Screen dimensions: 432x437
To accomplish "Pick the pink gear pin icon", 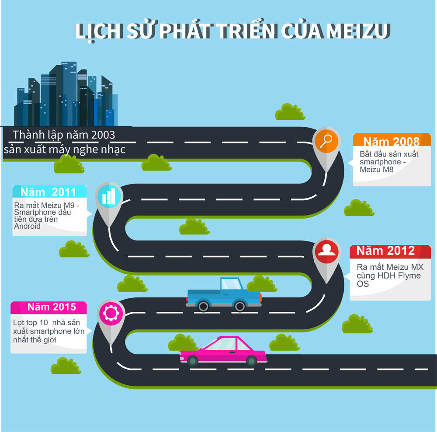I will click(x=109, y=312).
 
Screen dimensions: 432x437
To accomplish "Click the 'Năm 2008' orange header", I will click(x=392, y=142).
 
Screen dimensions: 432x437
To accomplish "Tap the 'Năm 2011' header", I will click(x=50, y=192).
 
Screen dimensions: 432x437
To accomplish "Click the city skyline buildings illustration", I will click(x=66, y=96).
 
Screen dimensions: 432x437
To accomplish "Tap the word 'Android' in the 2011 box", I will click(x=27, y=226).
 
